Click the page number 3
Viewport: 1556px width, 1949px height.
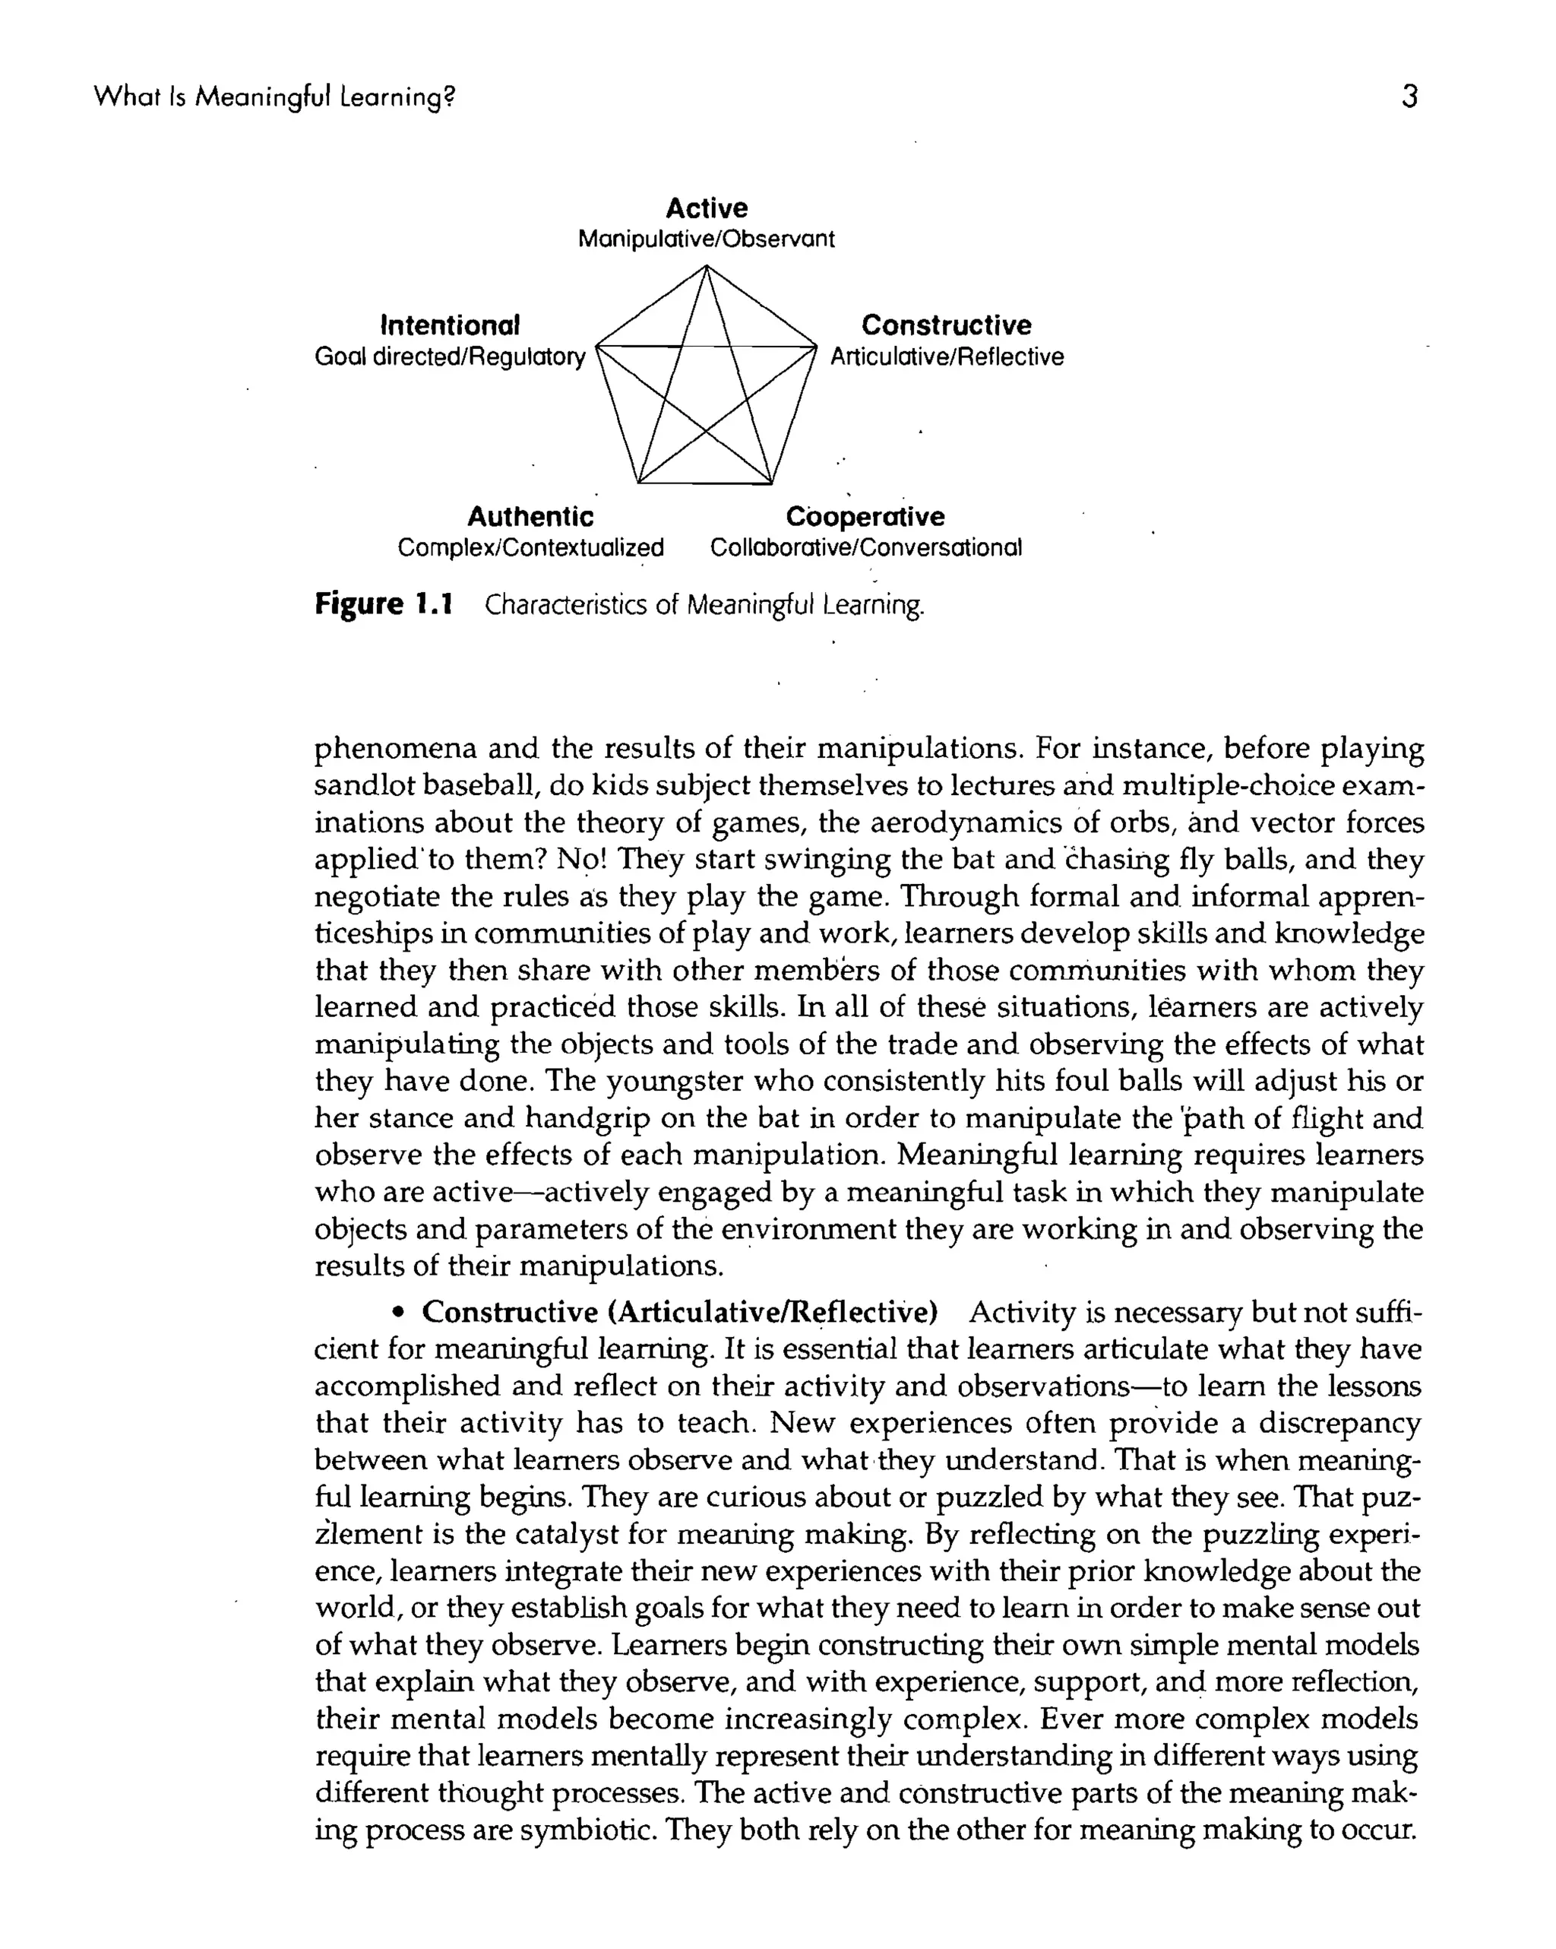pyautogui.click(x=1409, y=96)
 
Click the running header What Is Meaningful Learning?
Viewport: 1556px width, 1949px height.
pyautogui.click(x=274, y=96)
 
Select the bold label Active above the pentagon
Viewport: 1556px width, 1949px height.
pyautogui.click(x=706, y=208)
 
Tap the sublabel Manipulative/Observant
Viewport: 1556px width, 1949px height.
pyautogui.click(x=706, y=239)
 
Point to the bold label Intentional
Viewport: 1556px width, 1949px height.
pyautogui.click(x=450, y=325)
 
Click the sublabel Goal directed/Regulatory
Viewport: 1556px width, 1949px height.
pyautogui.click(x=450, y=357)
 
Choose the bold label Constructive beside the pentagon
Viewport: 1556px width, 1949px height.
pyautogui.click(x=945, y=325)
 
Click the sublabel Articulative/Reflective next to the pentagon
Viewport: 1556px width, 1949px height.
pyautogui.click(x=946, y=357)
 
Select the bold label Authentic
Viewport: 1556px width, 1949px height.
pyautogui.click(x=530, y=516)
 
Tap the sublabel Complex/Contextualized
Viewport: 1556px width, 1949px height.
pyautogui.click(x=530, y=548)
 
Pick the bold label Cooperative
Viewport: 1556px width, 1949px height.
pyautogui.click(x=865, y=516)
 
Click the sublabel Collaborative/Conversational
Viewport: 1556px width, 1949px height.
pyautogui.click(x=865, y=548)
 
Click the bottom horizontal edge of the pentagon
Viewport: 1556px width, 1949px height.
pyautogui.click(x=706, y=483)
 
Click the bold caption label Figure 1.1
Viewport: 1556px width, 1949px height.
pyautogui.click(x=383, y=604)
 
